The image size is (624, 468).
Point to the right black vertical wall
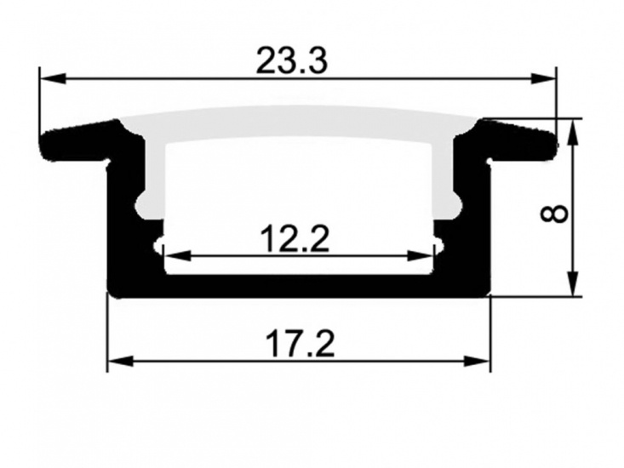coord(478,230)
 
